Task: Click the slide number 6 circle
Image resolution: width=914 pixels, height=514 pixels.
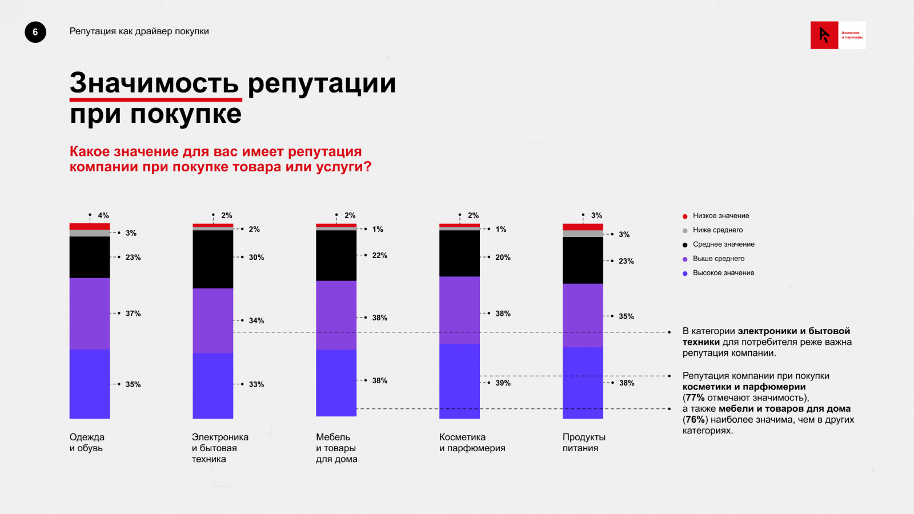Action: [35, 32]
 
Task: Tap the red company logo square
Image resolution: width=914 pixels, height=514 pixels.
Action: [824, 35]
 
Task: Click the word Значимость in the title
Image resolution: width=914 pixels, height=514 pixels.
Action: [154, 83]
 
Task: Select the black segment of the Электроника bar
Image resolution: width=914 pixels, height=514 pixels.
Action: [213, 259]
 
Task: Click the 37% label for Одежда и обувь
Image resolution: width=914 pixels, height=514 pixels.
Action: [133, 314]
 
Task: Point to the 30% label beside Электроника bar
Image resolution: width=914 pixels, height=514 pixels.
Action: [256, 258]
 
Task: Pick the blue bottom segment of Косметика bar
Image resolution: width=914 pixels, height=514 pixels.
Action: [459, 381]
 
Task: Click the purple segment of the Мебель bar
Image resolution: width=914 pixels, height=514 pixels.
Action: [336, 315]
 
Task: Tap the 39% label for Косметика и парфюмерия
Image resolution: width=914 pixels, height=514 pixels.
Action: [503, 383]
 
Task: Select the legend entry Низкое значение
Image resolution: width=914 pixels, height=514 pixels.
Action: [721, 216]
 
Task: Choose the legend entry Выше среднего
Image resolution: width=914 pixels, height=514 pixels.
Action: [719, 259]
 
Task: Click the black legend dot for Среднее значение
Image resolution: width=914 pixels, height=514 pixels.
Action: [685, 245]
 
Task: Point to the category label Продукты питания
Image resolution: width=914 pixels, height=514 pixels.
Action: [584, 443]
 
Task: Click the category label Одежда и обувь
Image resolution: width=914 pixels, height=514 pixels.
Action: [87, 443]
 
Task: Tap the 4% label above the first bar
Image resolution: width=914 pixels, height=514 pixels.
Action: [103, 216]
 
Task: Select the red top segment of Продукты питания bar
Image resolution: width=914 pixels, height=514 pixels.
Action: [583, 227]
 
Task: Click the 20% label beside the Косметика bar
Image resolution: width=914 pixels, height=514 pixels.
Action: [503, 258]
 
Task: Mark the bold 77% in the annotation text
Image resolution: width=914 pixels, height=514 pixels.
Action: [695, 398]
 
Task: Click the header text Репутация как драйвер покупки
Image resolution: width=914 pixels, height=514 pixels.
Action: [139, 31]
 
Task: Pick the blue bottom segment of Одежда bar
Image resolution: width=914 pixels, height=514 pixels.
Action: [90, 384]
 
